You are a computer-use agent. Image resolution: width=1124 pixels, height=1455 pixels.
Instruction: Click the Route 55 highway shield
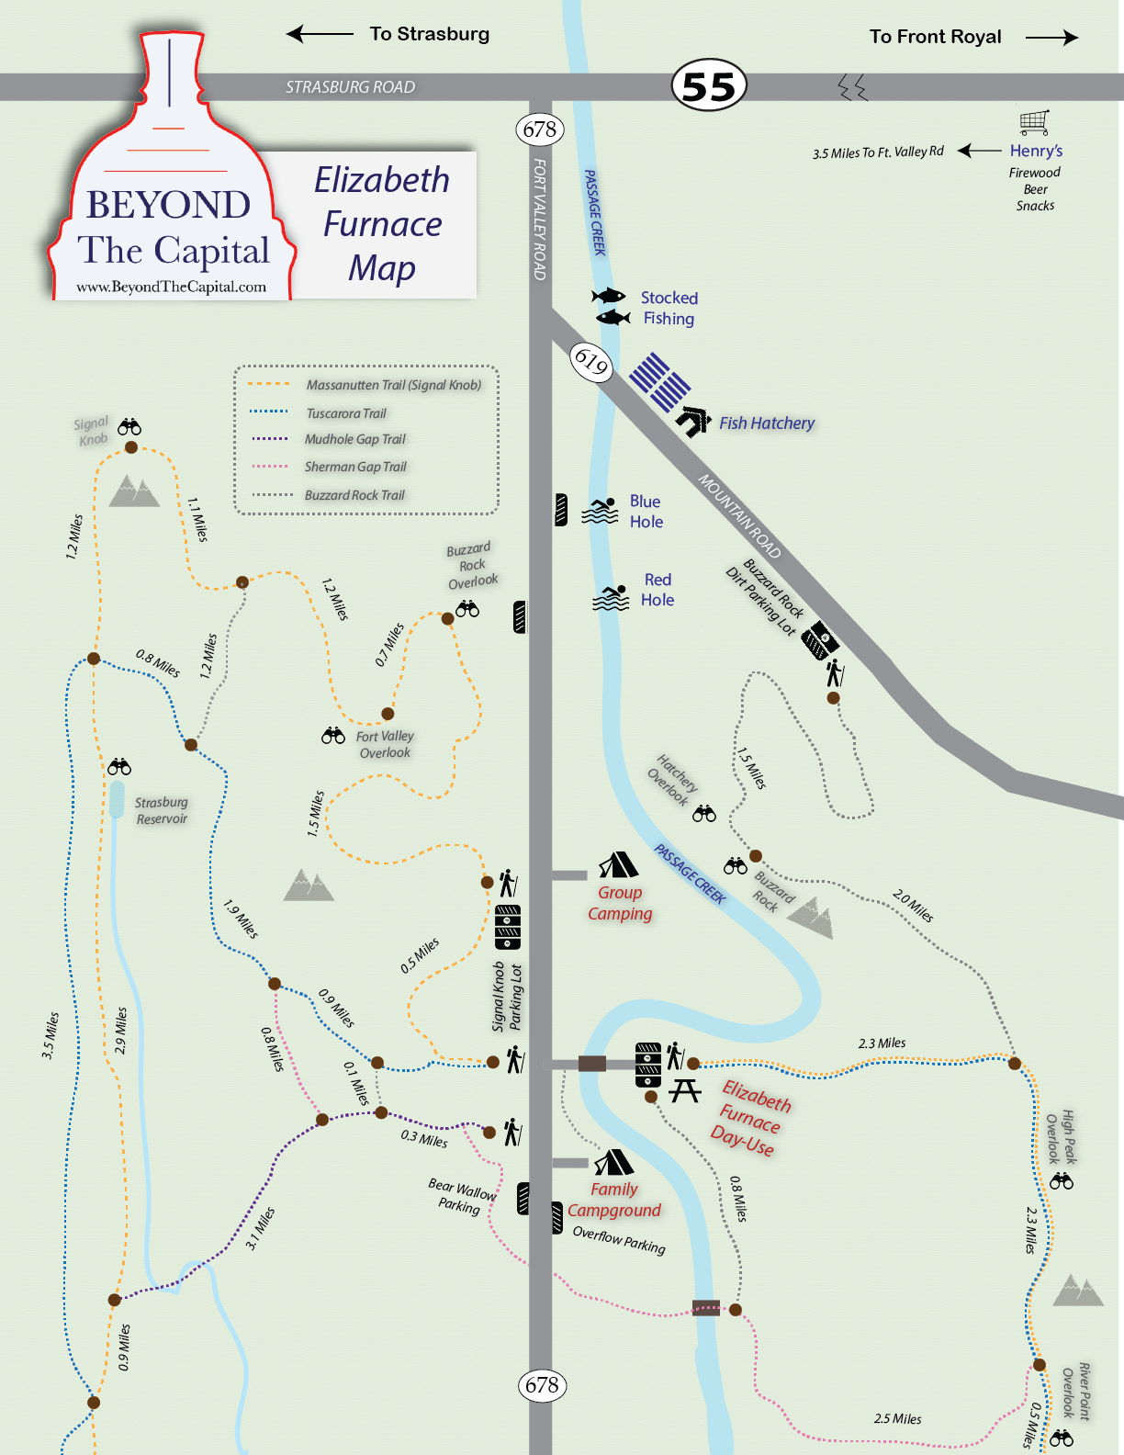[x=709, y=87]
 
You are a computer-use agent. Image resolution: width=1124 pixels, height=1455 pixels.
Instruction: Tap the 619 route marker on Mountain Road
[x=590, y=361]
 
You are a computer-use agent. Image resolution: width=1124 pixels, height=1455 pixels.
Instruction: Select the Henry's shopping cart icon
[x=1034, y=122]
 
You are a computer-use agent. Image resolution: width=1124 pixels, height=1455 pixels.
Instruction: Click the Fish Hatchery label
[x=766, y=423]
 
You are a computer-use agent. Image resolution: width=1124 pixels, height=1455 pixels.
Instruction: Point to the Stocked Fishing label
[x=669, y=309]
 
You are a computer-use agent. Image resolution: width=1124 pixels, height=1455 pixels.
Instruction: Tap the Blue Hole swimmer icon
[x=601, y=511]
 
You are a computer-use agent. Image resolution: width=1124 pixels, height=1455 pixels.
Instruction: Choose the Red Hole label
[x=658, y=590]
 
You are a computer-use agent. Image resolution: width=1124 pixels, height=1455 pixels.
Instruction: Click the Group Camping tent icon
[x=618, y=865]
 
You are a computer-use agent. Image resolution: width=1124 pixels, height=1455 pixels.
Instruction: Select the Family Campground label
[x=613, y=1200]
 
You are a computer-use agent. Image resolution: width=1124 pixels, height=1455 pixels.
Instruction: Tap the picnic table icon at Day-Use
[x=684, y=1090]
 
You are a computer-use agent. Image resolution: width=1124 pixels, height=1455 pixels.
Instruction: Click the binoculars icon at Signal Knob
[x=129, y=426]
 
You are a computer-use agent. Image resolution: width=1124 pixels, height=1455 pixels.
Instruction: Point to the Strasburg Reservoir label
[x=162, y=810]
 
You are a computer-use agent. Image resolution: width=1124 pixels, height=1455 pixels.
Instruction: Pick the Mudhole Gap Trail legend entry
[x=354, y=440]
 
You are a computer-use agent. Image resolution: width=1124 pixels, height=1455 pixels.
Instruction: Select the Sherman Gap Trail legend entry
[x=354, y=468]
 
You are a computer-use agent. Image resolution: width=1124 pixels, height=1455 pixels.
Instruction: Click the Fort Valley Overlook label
[x=385, y=744]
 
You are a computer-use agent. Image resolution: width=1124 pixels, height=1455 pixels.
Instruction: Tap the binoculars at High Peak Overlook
[x=1062, y=1181]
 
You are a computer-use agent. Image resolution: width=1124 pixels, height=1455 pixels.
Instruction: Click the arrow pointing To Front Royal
[x=1051, y=38]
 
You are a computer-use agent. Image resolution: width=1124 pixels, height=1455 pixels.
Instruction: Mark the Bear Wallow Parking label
[x=461, y=1195]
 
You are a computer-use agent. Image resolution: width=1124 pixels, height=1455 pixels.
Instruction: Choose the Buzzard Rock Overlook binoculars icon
[x=467, y=609]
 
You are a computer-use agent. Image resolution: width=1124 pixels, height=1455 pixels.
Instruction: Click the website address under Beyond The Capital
[x=171, y=287]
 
